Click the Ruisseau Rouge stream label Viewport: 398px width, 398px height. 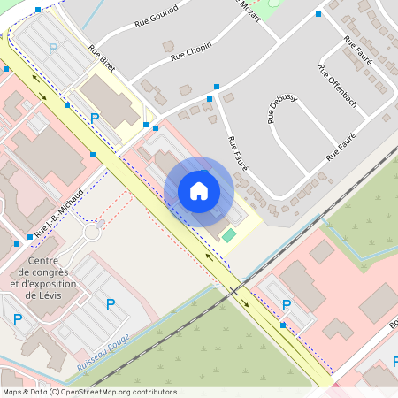[x=103, y=351]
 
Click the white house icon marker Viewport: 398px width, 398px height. [x=199, y=191]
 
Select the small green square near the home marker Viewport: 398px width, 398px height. [x=229, y=235]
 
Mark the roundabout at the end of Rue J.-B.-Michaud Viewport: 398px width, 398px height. [x=91, y=233]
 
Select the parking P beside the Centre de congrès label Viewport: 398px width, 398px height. [x=111, y=304]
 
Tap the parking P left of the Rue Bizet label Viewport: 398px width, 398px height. [x=52, y=48]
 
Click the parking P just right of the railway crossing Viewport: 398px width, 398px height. [x=286, y=305]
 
